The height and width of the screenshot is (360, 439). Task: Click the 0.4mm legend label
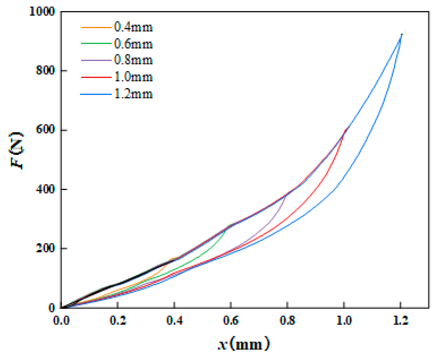(133, 27)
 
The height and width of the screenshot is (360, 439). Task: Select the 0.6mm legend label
(133, 44)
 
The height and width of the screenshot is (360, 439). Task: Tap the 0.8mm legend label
(133, 60)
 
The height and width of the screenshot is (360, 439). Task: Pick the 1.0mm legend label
(133, 77)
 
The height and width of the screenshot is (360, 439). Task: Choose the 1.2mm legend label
(133, 94)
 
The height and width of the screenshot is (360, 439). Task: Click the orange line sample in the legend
(96, 27)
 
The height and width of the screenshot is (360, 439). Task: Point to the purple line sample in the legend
(96, 60)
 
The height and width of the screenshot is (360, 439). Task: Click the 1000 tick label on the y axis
(42, 12)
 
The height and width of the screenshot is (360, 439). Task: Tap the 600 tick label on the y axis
(45, 130)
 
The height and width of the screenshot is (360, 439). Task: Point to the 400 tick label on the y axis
(45, 189)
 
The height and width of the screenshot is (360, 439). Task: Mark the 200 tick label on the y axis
(45, 248)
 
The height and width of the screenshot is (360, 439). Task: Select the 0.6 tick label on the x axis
(231, 320)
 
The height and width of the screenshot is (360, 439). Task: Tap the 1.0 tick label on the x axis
(344, 320)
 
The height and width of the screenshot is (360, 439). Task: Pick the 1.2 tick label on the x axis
(401, 320)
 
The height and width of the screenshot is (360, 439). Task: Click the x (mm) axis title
(244, 344)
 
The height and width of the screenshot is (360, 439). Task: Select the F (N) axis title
(17, 150)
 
